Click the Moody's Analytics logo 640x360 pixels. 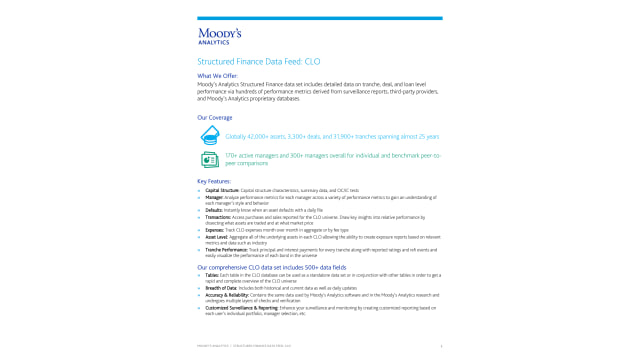[x=219, y=37]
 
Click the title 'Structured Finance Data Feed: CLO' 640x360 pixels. [x=258, y=61]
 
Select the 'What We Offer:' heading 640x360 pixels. [x=217, y=76]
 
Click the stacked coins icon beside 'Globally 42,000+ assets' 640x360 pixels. [x=209, y=135]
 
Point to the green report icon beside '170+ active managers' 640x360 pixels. [x=209, y=159]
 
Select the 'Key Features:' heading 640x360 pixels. [x=215, y=181]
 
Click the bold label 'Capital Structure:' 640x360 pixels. [x=222, y=189]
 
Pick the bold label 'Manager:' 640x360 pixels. [x=214, y=197]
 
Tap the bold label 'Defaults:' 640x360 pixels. [x=215, y=210]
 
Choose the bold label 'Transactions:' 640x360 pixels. [x=219, y=217]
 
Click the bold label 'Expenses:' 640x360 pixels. [x=215, y=230]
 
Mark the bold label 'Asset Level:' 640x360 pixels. [x=217, y=237]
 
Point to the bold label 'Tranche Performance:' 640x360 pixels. [x=226, y=250]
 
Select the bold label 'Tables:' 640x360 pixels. [x=212, y=275]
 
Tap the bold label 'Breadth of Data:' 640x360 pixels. [x=221, y=288]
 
